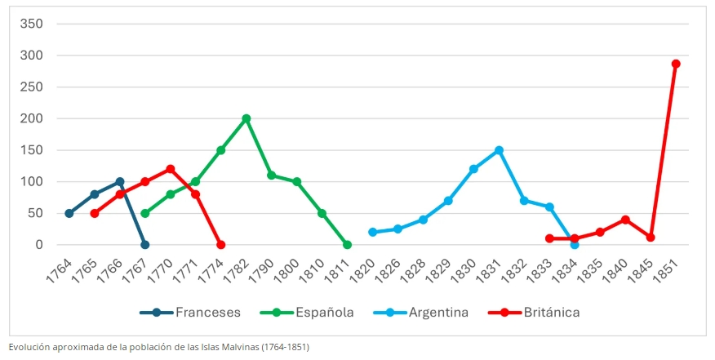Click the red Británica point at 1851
point(676,64)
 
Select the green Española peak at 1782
point(246,118)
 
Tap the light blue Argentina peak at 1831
point(499,150)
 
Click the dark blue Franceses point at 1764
point(69,213)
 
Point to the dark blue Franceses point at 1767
point(145,245)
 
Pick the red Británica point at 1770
point(171,169)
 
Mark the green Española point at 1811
point(347,245)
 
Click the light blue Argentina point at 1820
point(372,232)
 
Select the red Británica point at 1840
point(625,220)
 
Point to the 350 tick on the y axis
point(32,24)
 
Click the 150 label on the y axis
point(32,150)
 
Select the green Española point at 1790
point(272,176)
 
